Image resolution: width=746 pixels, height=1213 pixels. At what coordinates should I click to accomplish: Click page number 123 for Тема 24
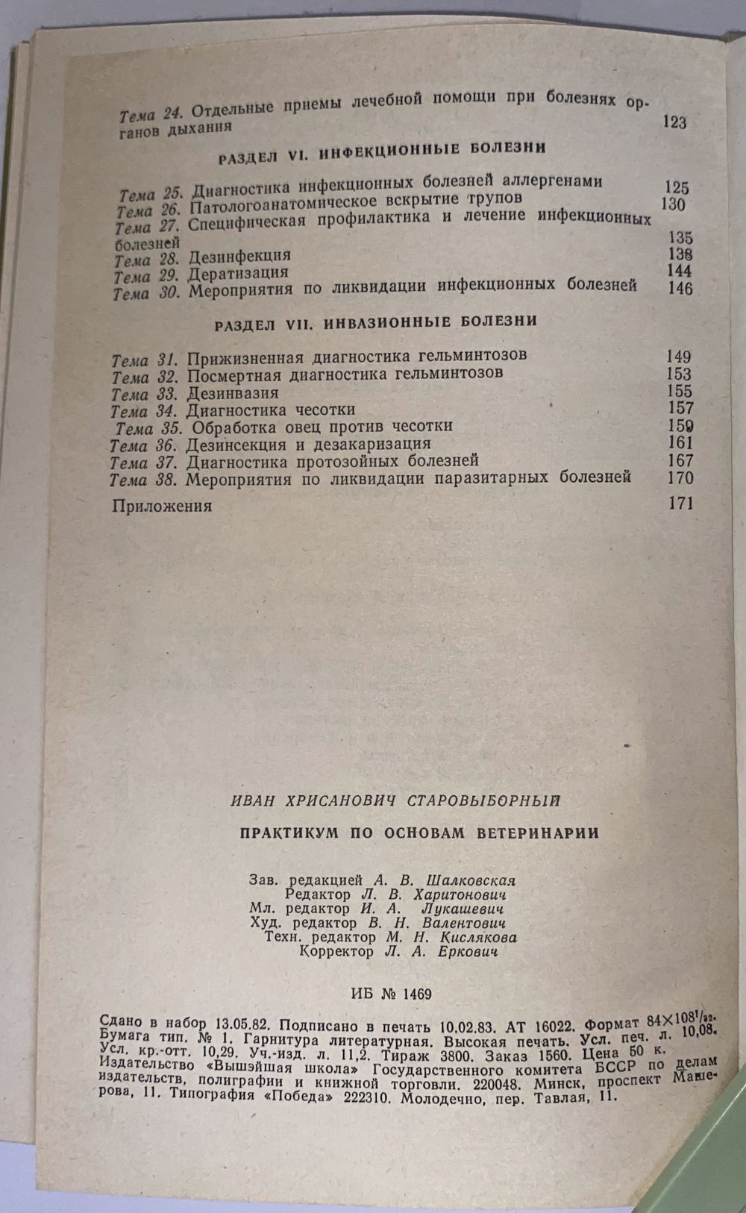point(674,122)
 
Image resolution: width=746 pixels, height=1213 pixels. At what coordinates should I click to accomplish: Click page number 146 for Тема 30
point(681,289)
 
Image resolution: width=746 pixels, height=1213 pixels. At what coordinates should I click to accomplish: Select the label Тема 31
point(143,359)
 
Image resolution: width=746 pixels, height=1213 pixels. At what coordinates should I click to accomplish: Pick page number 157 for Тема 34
point(681,408)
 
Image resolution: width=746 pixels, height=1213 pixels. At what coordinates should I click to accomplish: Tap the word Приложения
point(162,506)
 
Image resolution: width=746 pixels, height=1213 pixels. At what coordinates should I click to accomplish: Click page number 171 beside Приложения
point(681,504)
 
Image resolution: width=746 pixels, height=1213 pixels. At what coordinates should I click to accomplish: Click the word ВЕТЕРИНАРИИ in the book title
point(536,833)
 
